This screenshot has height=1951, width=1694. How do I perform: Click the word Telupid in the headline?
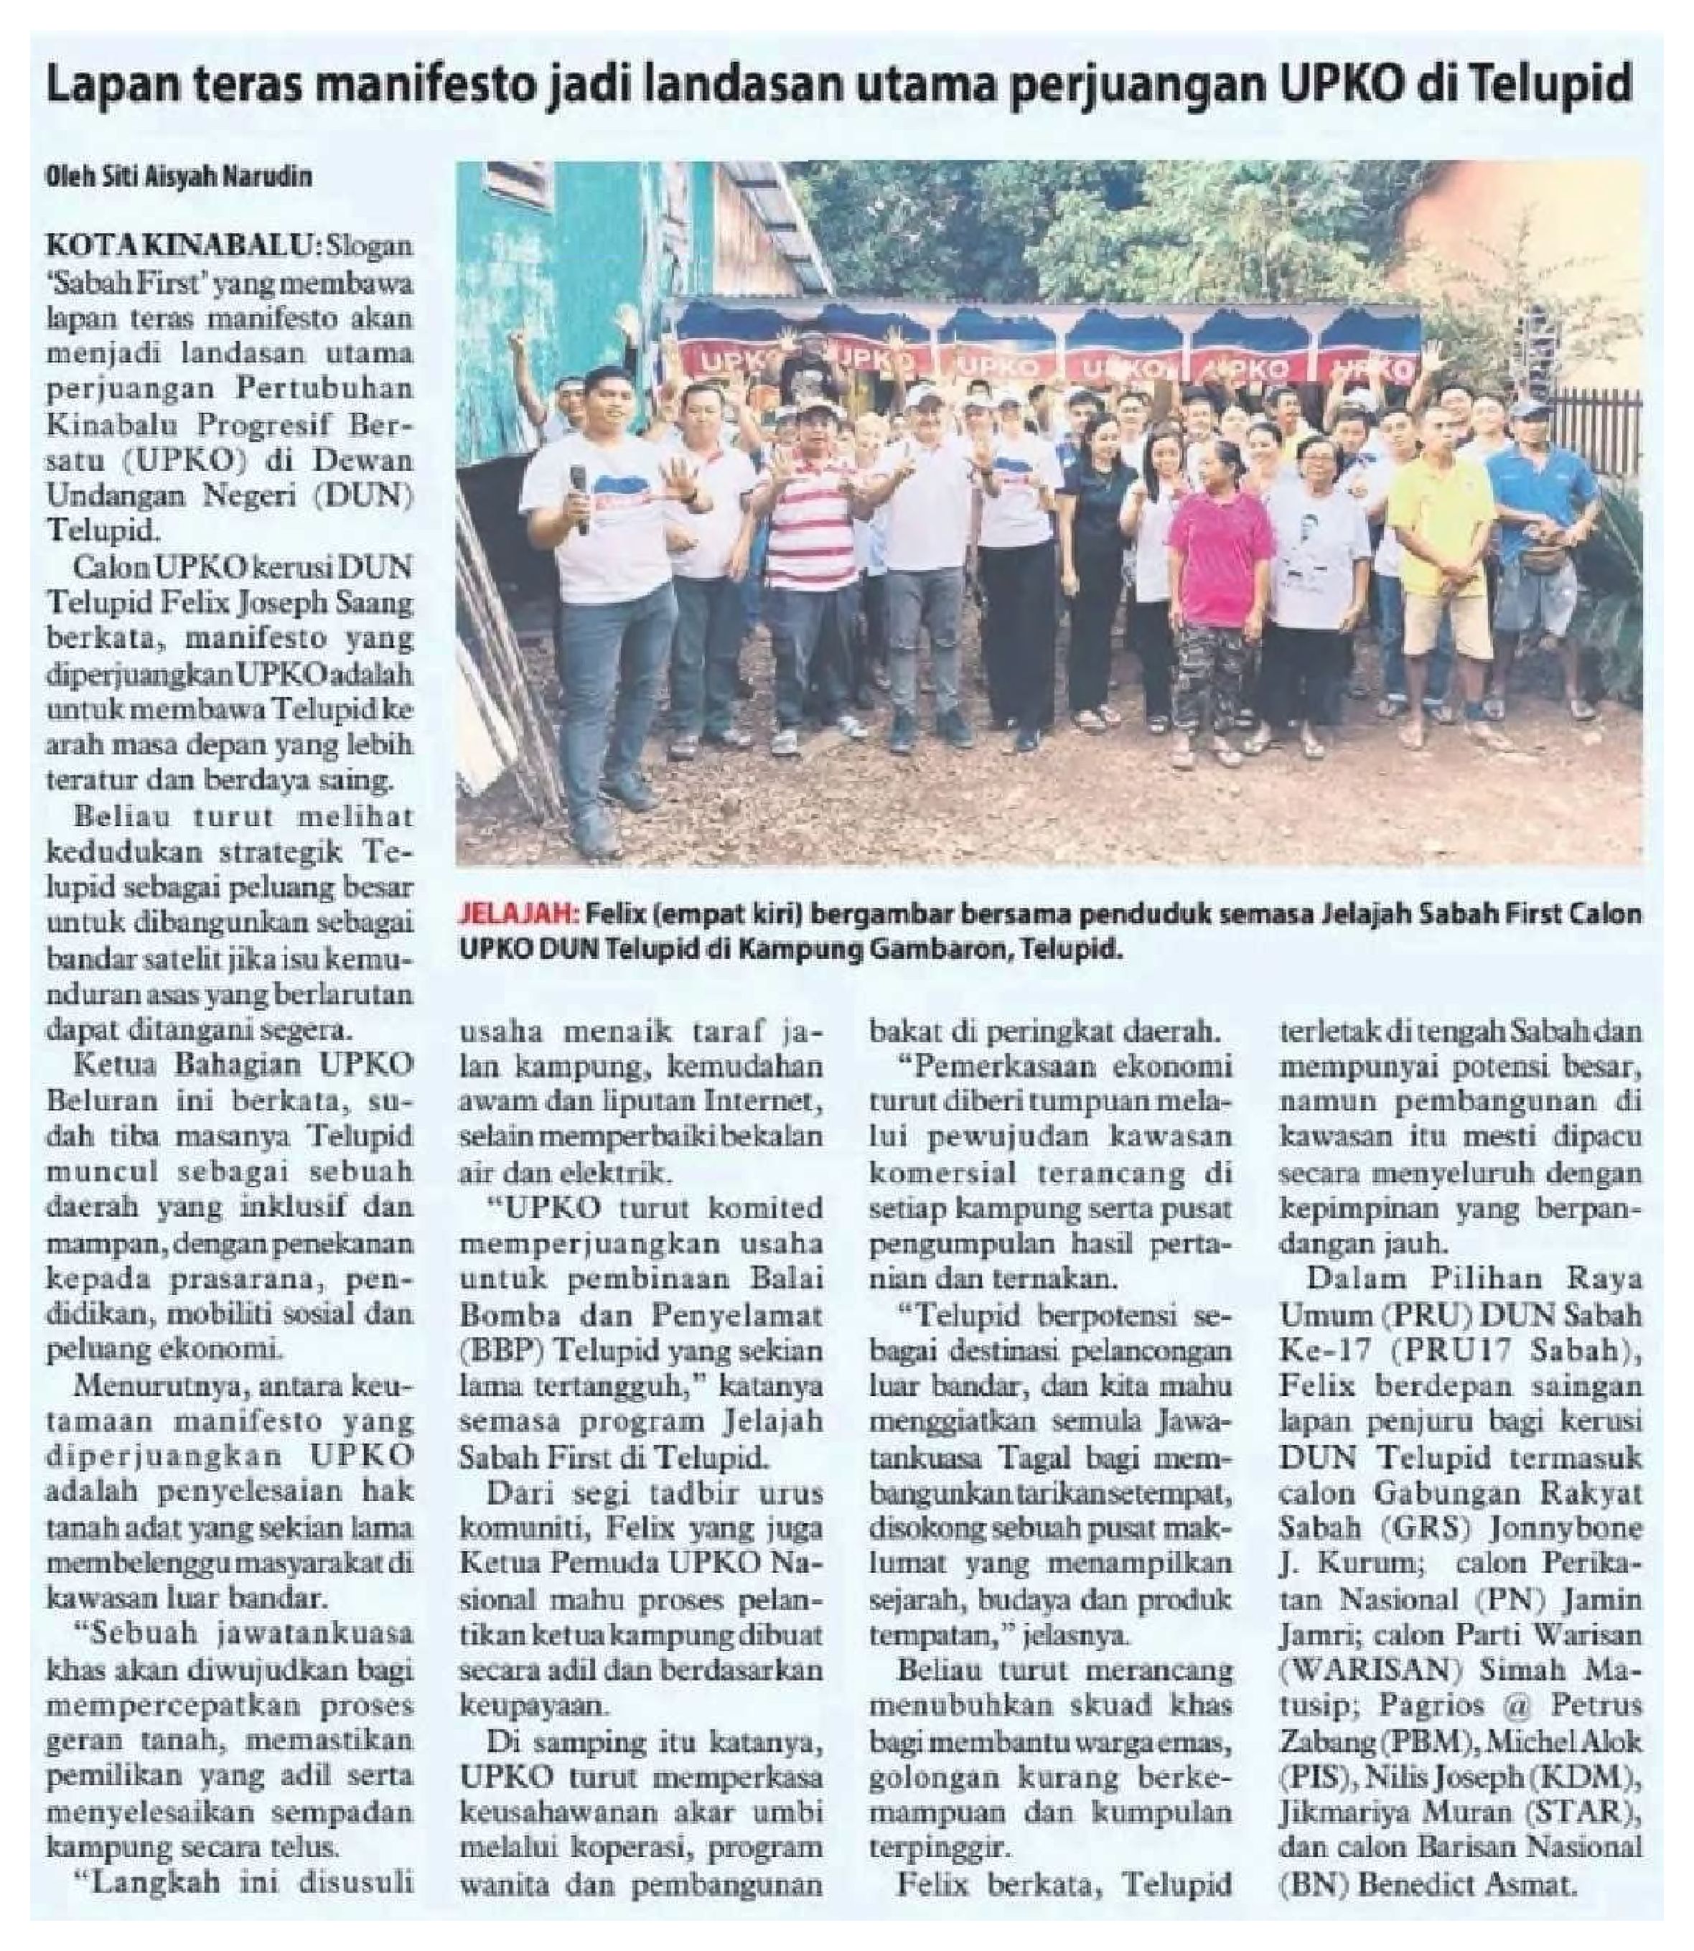[1545, 87]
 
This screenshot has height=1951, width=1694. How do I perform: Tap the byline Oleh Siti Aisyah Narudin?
[179, 177]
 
